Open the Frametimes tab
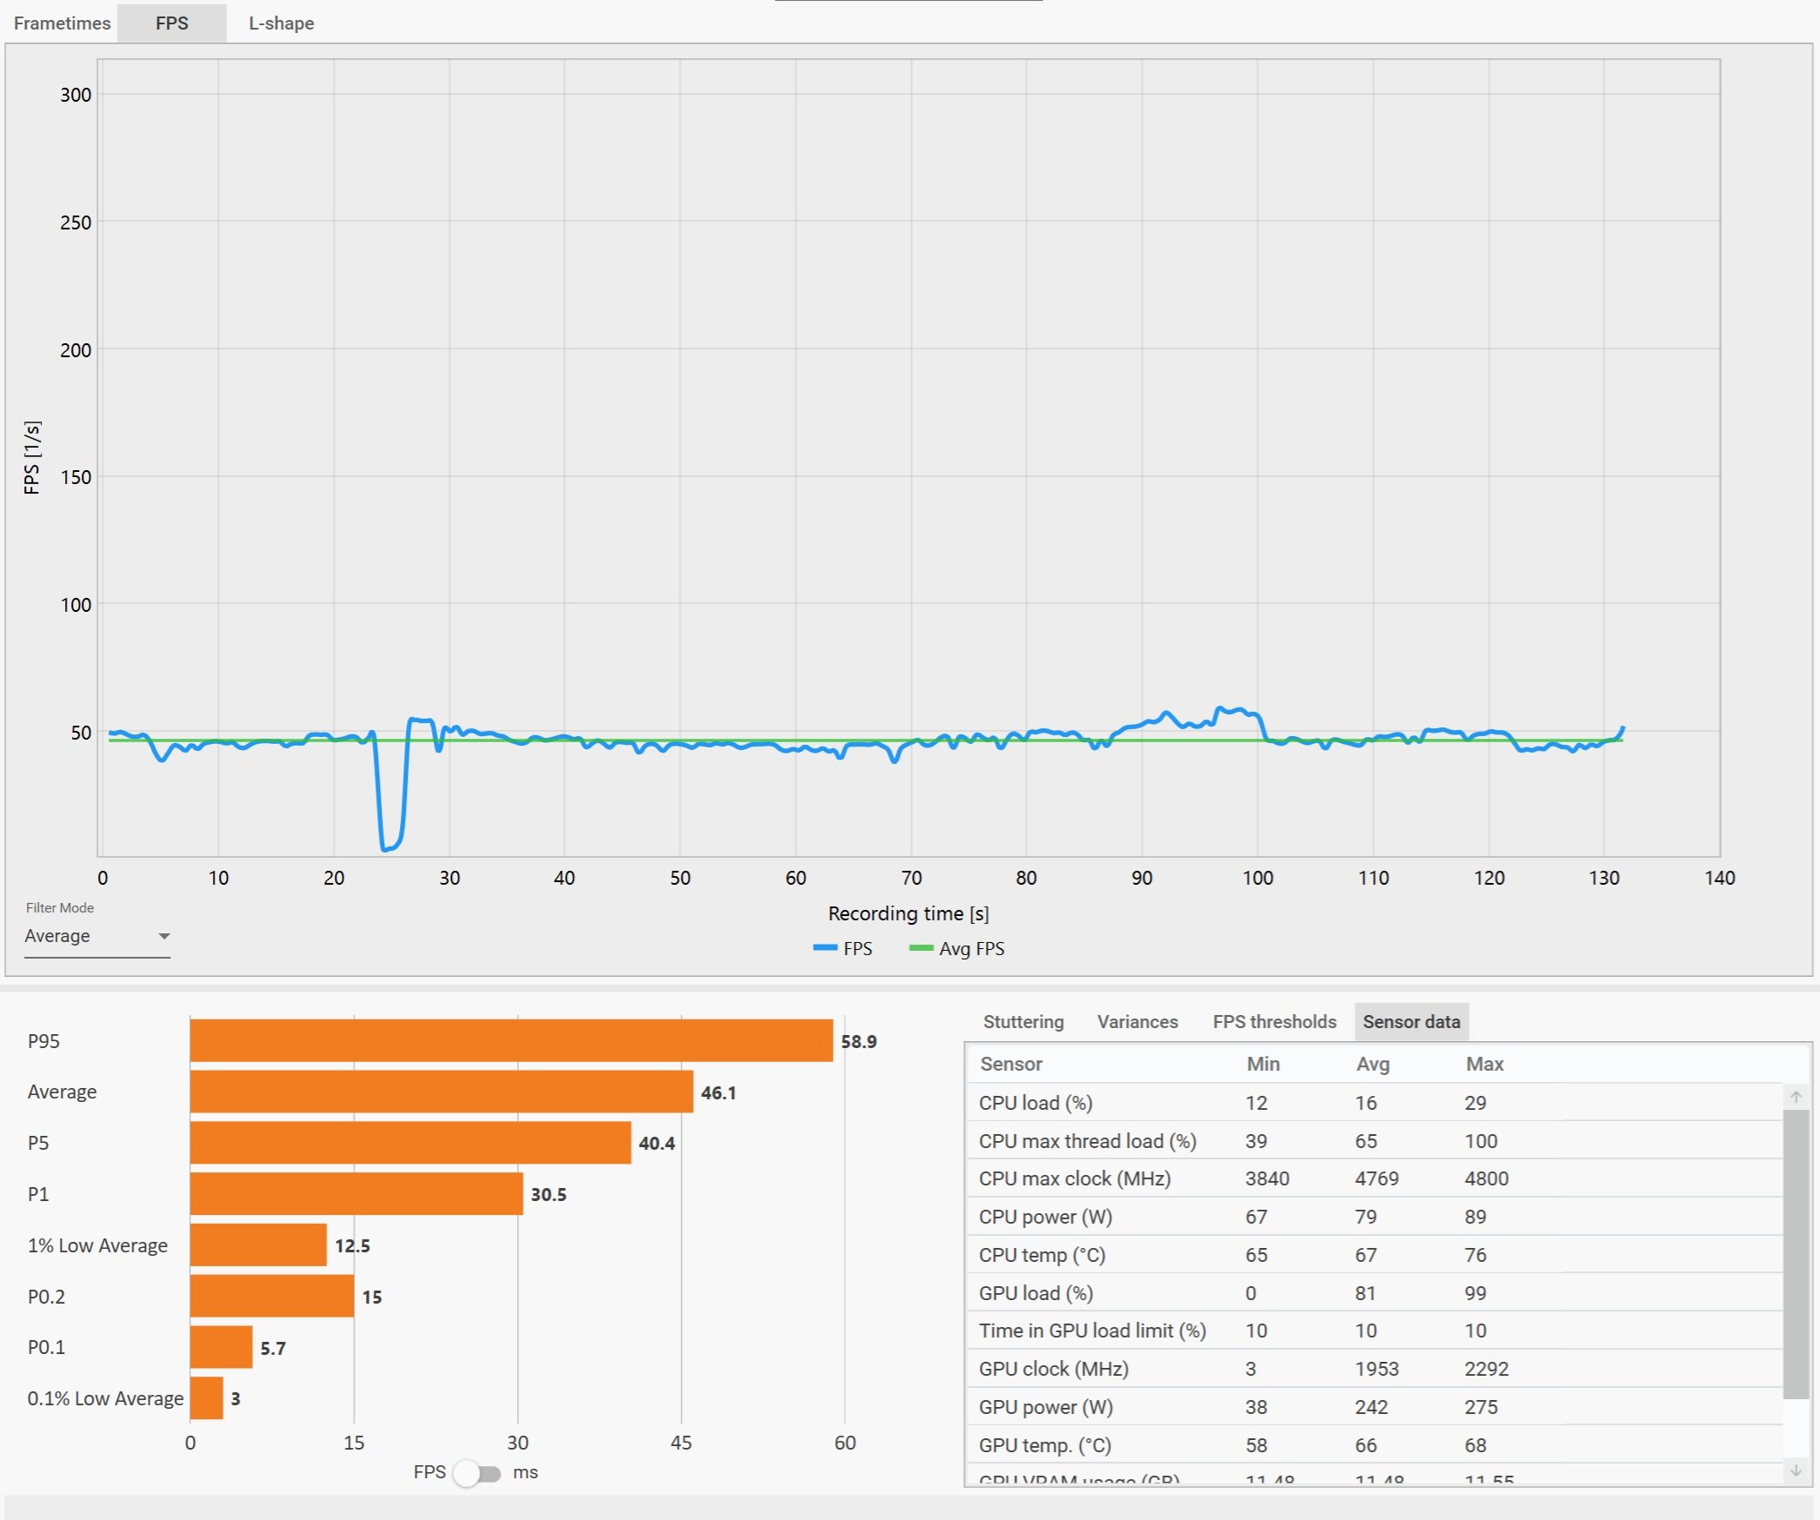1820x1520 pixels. pyautogui.click(x=62, y=23)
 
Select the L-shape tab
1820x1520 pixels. pyautogui.click(x=281, y=23)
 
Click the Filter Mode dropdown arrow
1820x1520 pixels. pyautogui.click(x=163, y=936)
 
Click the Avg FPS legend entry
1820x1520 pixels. pyautogui.click(x=957, y=949)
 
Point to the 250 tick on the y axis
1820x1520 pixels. pyautogui.click(x=76, y=222)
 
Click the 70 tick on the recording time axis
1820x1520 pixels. pyautogui.click(x=911, y=878)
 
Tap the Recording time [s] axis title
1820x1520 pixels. pyautogui.click(x=908, y=913)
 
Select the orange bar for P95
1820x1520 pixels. pyautogui.click(x=510, y=1040)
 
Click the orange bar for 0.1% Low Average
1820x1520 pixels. pyautogui.click(x=206, y=1398)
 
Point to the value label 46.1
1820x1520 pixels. pyautogui.click(x=718, y=1092)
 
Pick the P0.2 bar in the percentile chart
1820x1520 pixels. pyautogui.click(x=271, y=1296)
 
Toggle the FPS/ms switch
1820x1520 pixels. pyautogui.click(x=477, y=1473)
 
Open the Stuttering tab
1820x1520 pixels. pyautogui.click(x=1023, y=1022)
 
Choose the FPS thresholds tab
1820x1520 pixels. pyautogui.click(x=1274, y=1022)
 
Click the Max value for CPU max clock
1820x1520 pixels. pyautogui.click(x=1486, y=1179)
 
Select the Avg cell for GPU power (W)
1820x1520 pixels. pyautogui.click(x=1370, y=1407)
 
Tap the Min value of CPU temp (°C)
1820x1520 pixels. pyautogui.click(x=1256, y=1255)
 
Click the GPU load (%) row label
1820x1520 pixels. pyautogui.click(x=1036, y=1293)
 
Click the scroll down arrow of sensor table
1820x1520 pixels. pyautogui.click(x=1796, y=1470)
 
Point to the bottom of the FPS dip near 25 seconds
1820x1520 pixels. pyautogui.click(x=388, y=847)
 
